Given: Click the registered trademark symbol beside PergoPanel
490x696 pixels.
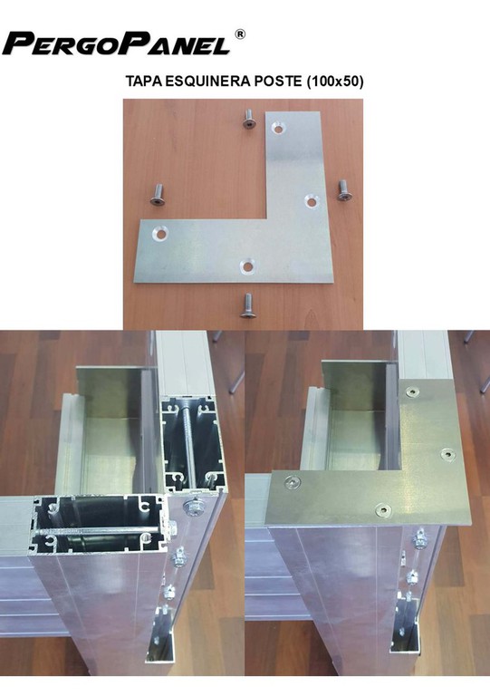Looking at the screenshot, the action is coord(239,34).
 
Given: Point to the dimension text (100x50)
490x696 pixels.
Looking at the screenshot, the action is coord(334,82).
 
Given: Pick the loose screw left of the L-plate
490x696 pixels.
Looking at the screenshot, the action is coord(158,196).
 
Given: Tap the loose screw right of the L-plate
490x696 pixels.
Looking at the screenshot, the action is coord(341,190).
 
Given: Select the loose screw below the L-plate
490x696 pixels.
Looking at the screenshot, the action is coord(246,305).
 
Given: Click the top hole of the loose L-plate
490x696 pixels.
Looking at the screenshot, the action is coord(278,129).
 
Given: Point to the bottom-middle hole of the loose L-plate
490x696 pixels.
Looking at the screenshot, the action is coord(246,266).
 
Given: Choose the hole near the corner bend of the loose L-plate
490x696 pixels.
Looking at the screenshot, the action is coord(312,201).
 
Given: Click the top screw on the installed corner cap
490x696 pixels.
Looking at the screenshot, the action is coord(413,391).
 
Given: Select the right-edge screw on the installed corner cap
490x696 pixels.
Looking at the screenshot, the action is coord(448,454).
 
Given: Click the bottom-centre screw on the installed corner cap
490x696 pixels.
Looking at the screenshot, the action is coord(383,510).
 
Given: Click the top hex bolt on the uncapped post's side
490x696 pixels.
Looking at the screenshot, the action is coord(194,507).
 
